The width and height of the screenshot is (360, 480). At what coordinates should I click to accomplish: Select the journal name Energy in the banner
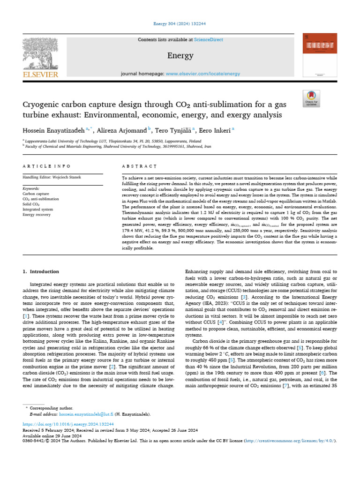[x=180, y=56]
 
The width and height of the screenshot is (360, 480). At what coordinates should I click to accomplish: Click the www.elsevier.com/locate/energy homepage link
[x=203, y=74]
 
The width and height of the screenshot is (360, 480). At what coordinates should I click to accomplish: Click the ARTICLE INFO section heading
[x=47, y=166]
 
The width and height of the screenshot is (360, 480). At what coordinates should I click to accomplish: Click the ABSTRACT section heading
[x=139, y=166]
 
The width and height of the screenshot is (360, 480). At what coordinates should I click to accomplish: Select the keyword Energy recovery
[x=37, y=215]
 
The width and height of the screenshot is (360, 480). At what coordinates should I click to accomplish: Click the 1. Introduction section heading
[x=41, y=271]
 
